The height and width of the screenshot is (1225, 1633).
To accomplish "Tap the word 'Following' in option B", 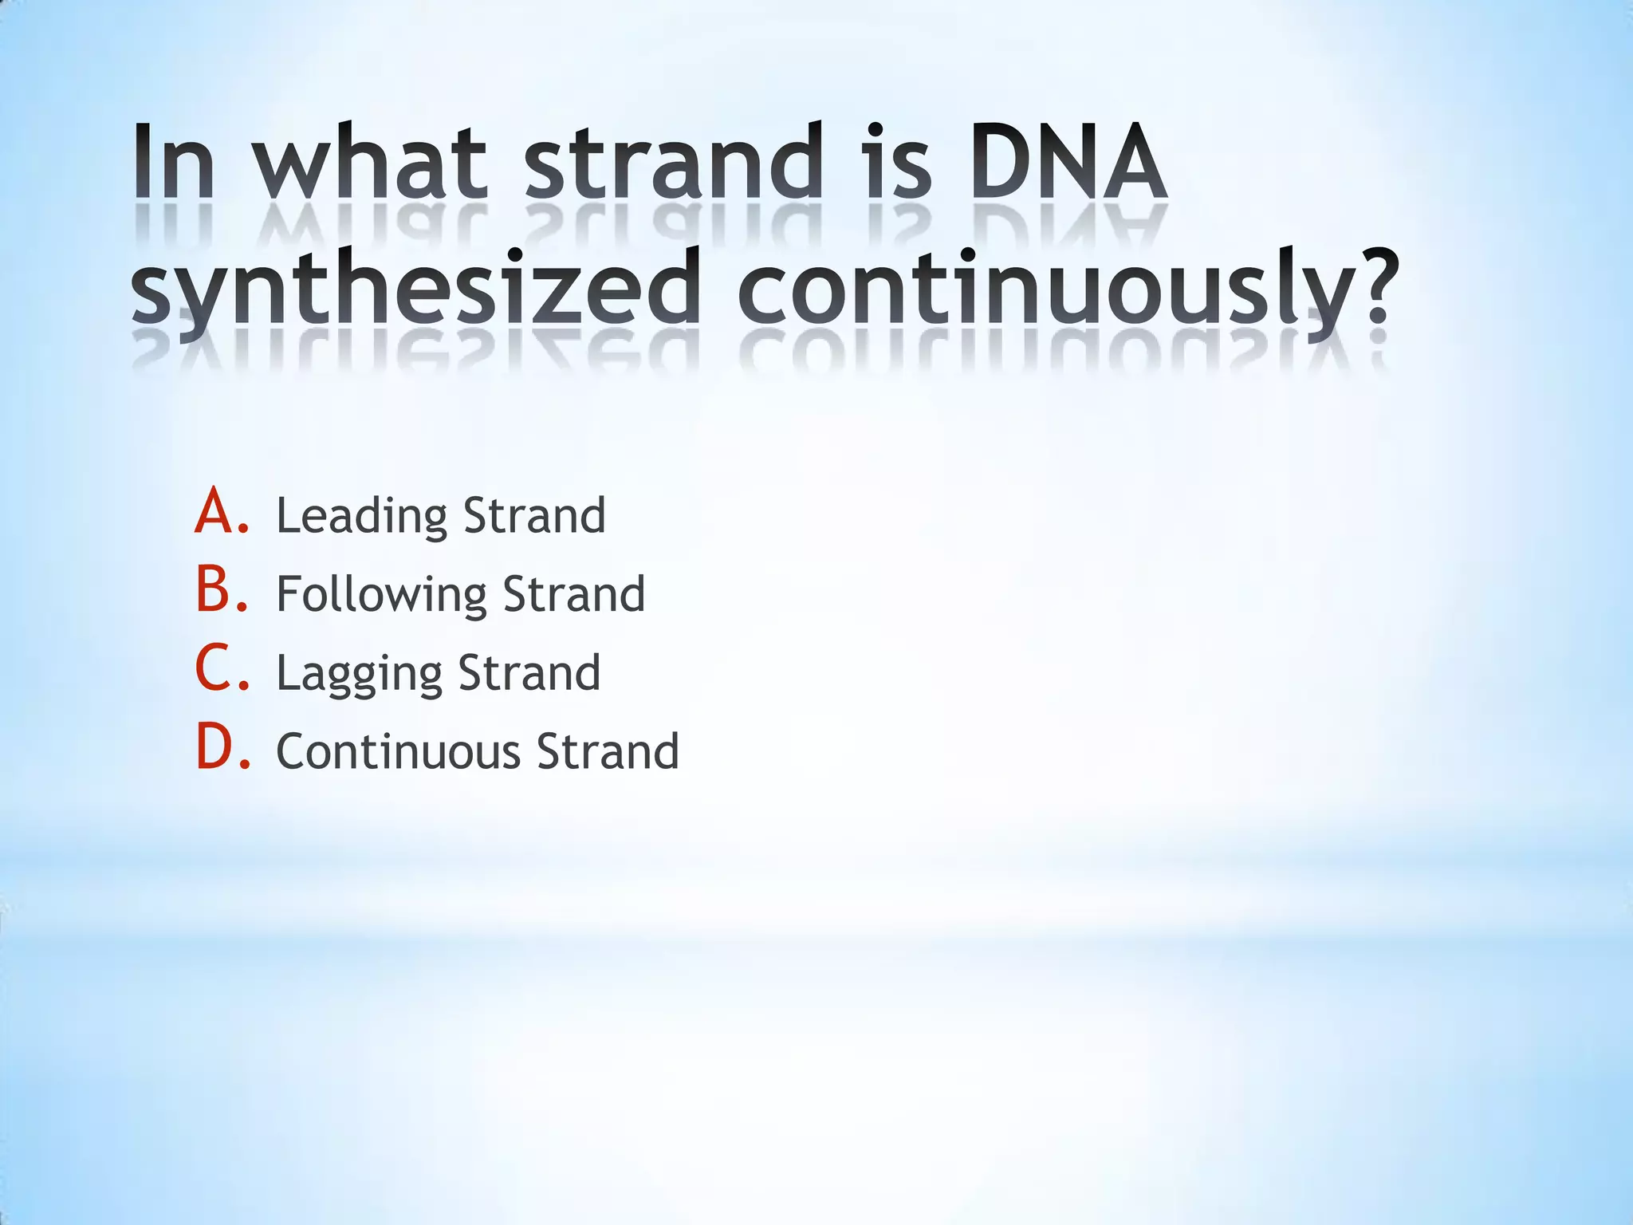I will point(381,595).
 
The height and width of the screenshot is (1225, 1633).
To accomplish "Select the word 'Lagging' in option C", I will point(358,674).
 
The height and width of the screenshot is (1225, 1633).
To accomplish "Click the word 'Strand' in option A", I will point(534,515).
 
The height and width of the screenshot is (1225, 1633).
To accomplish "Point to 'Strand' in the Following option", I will point(574,594).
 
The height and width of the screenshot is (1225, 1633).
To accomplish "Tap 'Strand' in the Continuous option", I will point(608,751).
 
